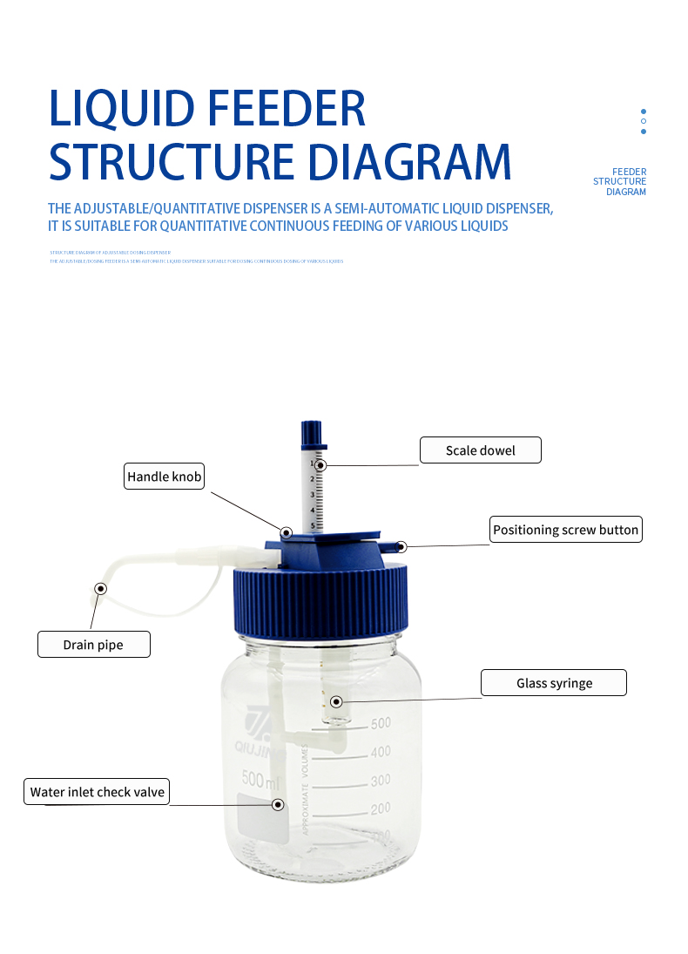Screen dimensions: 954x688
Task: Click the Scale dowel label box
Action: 480,450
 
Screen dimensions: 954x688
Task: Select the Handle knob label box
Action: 164,477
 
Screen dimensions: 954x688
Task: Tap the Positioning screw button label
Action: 565,530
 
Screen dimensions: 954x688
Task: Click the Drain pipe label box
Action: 93,645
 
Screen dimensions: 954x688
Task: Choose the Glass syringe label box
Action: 554,683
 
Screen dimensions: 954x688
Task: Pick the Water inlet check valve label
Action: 96,792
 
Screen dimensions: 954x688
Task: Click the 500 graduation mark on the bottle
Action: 381,723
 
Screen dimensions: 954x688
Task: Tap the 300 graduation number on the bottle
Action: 381,781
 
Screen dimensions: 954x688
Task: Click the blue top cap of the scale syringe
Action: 312,433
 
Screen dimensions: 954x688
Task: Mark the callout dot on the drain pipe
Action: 101,589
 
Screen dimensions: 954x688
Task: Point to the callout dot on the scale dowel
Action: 320,465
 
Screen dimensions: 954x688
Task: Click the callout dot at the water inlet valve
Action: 278,805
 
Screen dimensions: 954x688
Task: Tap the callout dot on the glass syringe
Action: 336,701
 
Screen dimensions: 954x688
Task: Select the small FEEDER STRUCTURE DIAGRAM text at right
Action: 620,181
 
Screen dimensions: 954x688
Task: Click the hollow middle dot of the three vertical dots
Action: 644,121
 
